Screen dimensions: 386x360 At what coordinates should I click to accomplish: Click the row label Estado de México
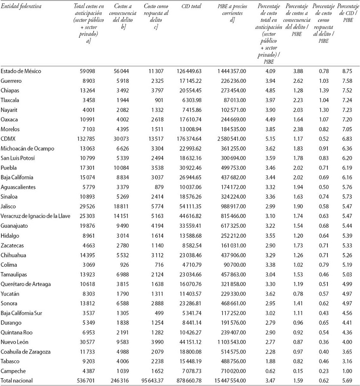(21, 71)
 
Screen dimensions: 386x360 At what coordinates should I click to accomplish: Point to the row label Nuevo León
(15, 342)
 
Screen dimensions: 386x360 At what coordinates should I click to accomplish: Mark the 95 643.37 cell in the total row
(154, 380)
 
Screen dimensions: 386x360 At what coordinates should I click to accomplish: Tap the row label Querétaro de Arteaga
(25, 284)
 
